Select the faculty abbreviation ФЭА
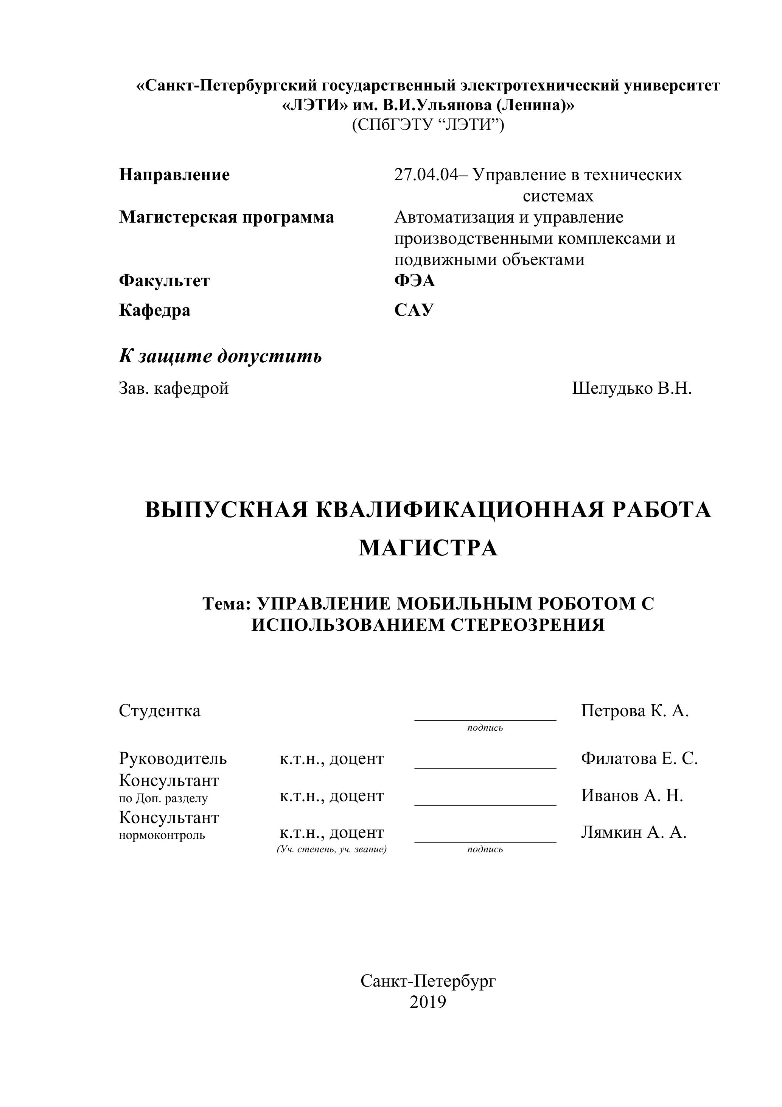[414, 281]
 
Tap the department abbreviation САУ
[414, 310]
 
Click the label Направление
[174, 175]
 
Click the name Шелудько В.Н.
[632, 388]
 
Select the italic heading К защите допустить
[220, 356]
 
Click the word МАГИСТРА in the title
[428, 548]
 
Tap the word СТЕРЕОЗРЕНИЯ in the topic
[528, 625]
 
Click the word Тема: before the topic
[227, 603]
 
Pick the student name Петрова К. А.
[634, 711]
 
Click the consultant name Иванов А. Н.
[632, 795]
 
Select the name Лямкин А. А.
[633, 832]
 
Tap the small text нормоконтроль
[162, 835]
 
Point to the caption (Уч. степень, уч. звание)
[331, 849]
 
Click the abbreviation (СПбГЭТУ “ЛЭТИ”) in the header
[428, 125]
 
